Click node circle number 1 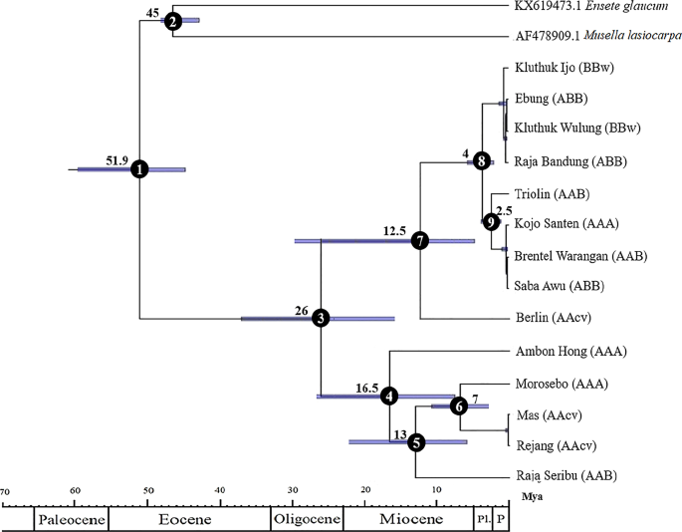point(139,170)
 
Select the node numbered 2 point(173,21)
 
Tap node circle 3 point(321,318)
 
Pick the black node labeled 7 point(420,241)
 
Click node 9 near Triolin point(490,222)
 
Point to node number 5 point(416,442)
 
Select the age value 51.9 point(118,158)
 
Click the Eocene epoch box point(189,520)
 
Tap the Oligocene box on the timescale point(307,520)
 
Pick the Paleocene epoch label point(71,520)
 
